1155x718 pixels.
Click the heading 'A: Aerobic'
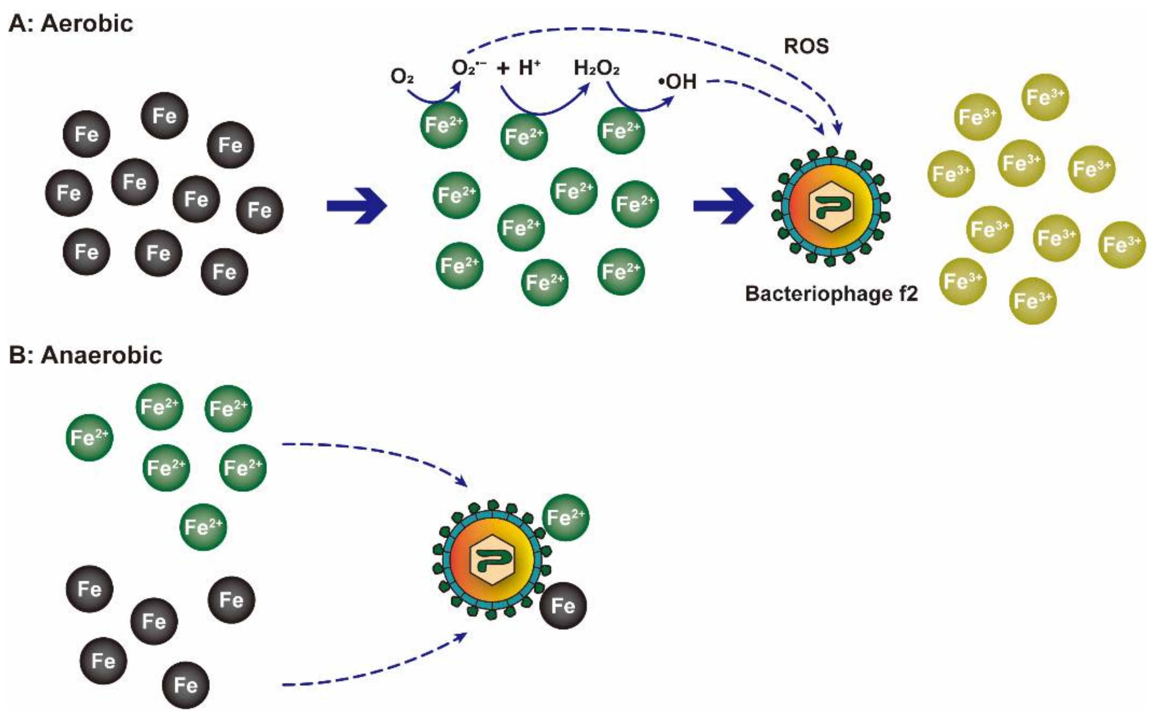pos(71,24)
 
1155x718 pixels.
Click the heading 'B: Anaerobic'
pos(86,355)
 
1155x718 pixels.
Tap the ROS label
pos(806,46)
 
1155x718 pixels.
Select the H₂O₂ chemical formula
pos(596,68)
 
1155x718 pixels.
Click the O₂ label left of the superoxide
pos(402,76)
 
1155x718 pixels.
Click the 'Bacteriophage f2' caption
pos(831,294)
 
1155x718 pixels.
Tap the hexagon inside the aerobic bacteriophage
pos(831,206)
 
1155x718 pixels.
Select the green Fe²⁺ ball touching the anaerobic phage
pos(566,518)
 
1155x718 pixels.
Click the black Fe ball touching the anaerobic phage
pos(563,606)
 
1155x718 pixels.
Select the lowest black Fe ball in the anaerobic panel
pos(186,685)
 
